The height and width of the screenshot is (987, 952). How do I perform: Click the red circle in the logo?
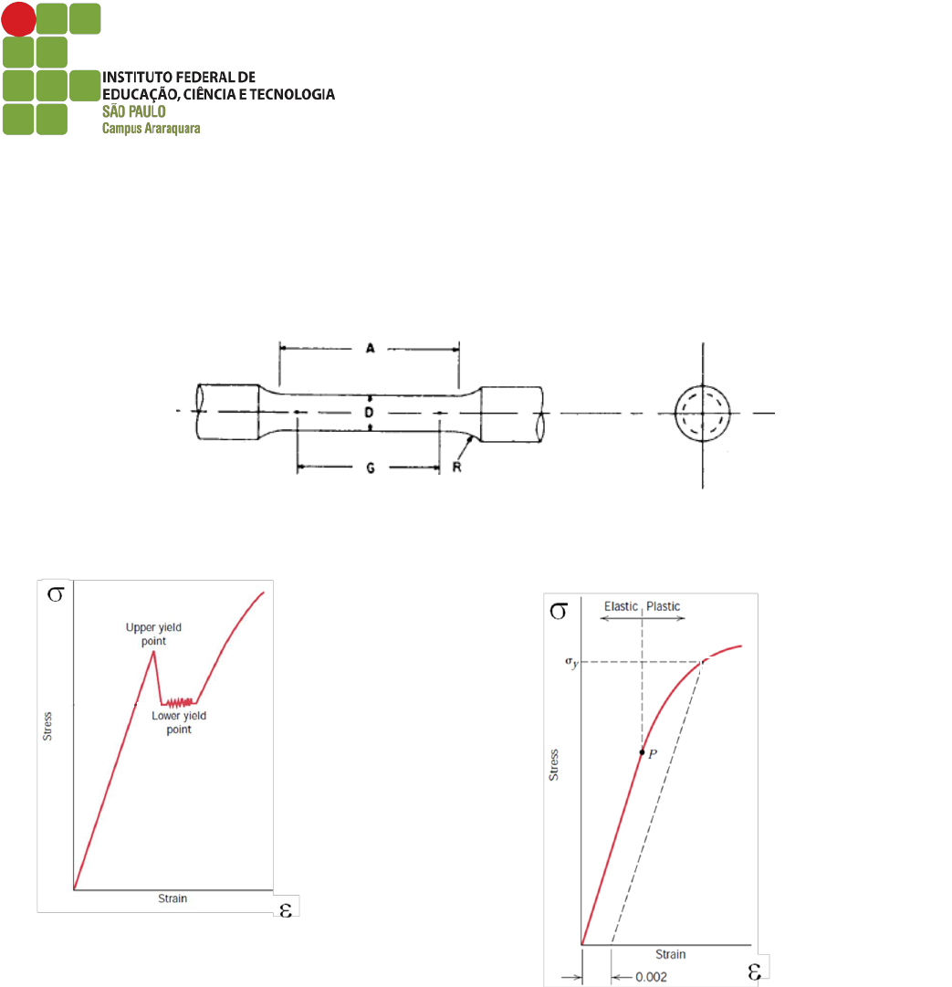[19, 19]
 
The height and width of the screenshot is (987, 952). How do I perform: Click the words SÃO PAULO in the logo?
[134, 111]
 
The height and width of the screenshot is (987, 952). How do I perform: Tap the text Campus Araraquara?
[151, 129]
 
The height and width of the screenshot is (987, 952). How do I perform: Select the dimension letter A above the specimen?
[370, 348]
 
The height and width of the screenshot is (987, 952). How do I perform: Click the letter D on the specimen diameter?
[370, 413]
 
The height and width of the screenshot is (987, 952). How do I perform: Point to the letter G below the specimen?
[371, 468]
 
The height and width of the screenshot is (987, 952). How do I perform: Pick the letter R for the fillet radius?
[456, 467]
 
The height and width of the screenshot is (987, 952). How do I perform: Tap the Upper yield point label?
[153, 634]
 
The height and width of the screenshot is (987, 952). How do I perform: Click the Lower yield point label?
[179, 722]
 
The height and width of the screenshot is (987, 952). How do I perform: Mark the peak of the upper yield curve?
[153, 652]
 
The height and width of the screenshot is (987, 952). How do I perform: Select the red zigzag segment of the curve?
[179, 702]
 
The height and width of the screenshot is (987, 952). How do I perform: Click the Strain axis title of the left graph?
[173, 898]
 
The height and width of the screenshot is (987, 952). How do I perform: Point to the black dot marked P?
[642, 752]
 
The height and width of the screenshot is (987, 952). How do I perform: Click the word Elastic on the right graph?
[621, 606]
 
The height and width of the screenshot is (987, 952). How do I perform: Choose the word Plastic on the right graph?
[664, 606]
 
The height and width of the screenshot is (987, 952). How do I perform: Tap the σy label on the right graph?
[571, 662]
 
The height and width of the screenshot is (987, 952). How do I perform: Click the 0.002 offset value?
[651, 977]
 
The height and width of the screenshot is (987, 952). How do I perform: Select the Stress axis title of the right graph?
[554, 765]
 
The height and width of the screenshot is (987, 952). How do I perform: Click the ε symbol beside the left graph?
[286, 910]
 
